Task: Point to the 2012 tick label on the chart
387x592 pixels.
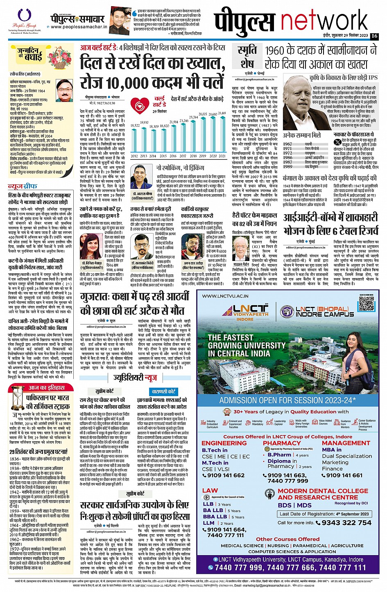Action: [134, 156]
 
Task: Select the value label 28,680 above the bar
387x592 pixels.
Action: [213, 114]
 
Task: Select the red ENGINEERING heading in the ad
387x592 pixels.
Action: [224, 443]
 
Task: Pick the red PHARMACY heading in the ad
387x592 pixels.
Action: [282, 443]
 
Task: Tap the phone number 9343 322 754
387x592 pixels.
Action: [346, 522]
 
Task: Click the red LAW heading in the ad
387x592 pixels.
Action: [210, 490]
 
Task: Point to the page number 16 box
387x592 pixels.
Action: [374, 36]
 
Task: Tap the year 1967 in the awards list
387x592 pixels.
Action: [287, 144]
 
